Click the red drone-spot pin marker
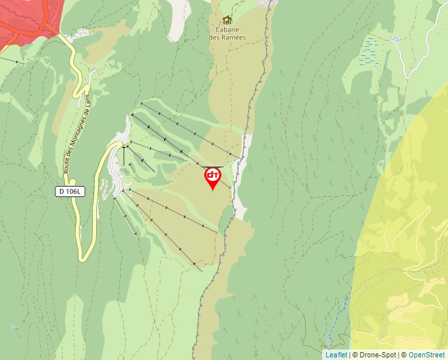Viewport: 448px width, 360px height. (x=213, y=177)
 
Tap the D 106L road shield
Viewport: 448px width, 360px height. (x=70, y=192)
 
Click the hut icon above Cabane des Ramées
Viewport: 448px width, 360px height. (x=227, y=20)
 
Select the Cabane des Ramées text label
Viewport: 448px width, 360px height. (x=227, y=33)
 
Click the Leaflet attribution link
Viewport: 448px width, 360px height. (x=336, y=355)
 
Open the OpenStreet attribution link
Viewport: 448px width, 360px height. (x=426, y=355)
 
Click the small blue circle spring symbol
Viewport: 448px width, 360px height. (x=395, y=39)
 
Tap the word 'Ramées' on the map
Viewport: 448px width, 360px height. (x=234, y=37)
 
